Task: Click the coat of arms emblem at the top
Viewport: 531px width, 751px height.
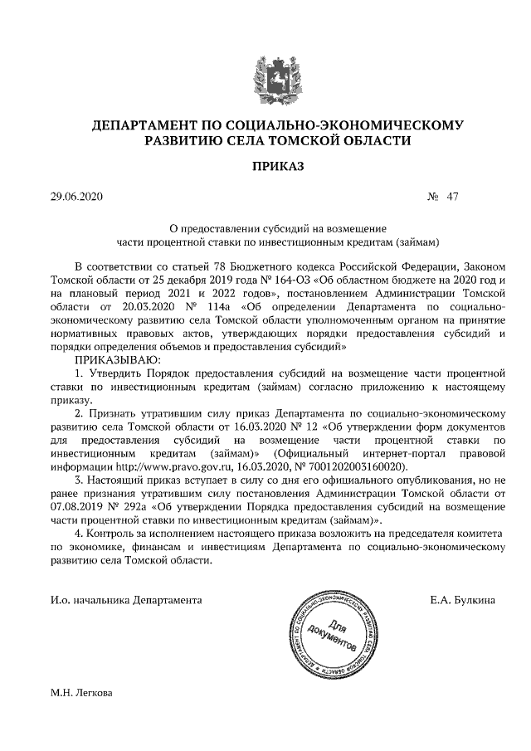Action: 265,78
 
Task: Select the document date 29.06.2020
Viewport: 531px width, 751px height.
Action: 74,198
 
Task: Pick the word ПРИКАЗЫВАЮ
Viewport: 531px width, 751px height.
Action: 115,359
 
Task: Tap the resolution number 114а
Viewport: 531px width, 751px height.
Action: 217,306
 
